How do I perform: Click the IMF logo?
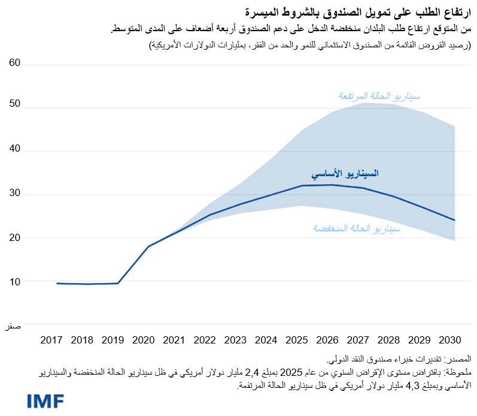pyautogui.click(x=45, y=401)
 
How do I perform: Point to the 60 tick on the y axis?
pyautogui.click(x=14, y=62)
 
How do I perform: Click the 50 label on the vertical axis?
pyautogui.click(x=14, y=104)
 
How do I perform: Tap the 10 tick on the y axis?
pyautogui.click(x=14, y=281)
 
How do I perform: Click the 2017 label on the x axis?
pyautogui.click(x=52, y=340)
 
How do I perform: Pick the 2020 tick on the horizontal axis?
pyautogui.click(x=144, y=340)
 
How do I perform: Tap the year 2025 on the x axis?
pyautogui.click(x=296, y=340)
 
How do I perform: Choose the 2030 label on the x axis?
pyautogui.click(x=449, y=340)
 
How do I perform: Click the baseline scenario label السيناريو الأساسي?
pyautogui.click(x=345, y=174)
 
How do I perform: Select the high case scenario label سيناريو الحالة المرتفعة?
pyautogui.click(x=379, y=96)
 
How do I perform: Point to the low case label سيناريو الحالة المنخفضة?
pyautogui.click(x=356, y=228)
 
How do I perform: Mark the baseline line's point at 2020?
pyautogui.click(x=148, y=246)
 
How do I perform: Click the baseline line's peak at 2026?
pyautogui.click(x=332, y=185)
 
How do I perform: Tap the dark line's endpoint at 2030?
pyautogui.click(x=455, y=220)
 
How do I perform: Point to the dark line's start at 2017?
pyautogui.click(x=57, y=283)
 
